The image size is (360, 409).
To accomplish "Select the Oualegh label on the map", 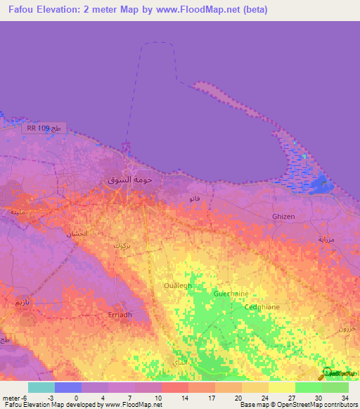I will tap(177, 285).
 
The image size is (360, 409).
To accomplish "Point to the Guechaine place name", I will tap(231, 293).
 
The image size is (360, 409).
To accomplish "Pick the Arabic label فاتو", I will tap(195, 199).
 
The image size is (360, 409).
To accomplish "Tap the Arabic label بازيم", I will tap(21, 301).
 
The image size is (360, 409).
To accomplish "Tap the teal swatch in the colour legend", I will tap(41, 387).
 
